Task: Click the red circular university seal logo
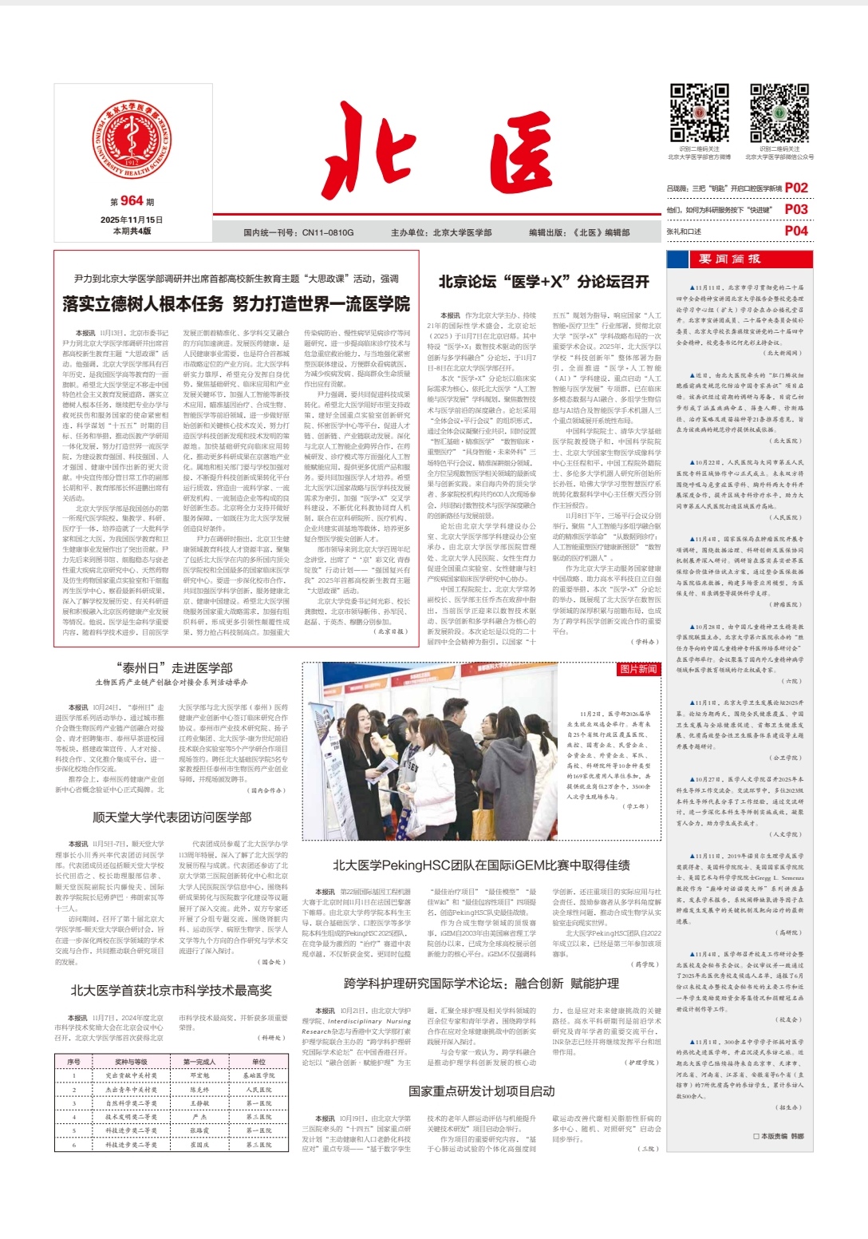click(x=132, y=139)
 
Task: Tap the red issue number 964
click(x=132, y=201)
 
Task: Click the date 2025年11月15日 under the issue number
click(x=132, y=220)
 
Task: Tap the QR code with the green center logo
click(x=779, y=113)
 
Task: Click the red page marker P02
click(x=796, y=188)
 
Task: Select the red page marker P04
click(x=796, y=231)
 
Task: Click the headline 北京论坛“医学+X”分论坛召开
click(x=543, y=282)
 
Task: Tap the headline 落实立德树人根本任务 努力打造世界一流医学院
click(x=236, y=303)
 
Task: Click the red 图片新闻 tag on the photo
click(x=638, y=669)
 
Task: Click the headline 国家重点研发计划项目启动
click(x=481, y=1091)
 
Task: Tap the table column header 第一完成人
click(x=199, y=1062)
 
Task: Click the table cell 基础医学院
click(x=258, y=1075)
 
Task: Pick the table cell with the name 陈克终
click(x=199, y=1090)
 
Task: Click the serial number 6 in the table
click(x=73, y=1145)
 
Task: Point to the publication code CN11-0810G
click(x=298, y=232)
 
